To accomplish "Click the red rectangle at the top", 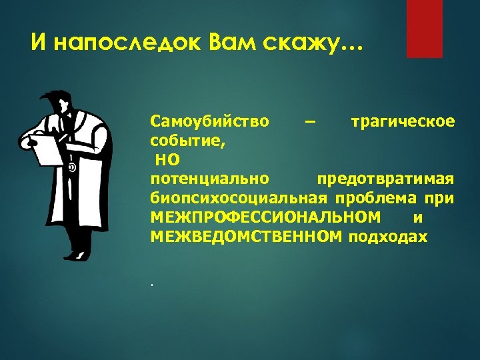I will (425, 29).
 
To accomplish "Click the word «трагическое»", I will (403, 122).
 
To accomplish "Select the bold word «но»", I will (167, 160).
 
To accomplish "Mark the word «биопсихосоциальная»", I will (239, 199).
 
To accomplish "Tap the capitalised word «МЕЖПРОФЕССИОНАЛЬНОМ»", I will (266, 217).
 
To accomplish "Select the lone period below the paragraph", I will (152, 285).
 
